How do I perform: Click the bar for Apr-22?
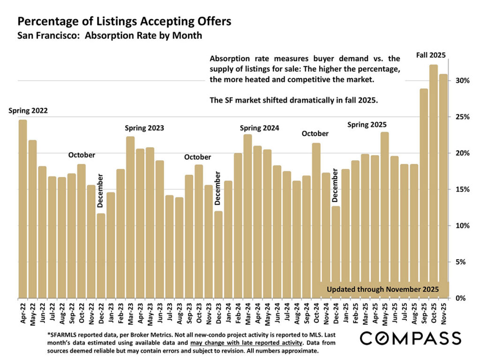22,209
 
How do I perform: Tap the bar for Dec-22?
101,256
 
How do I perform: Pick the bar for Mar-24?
247,216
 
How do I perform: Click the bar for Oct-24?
316,220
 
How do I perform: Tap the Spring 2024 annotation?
260,127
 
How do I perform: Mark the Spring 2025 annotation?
367,124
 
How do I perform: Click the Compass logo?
411,338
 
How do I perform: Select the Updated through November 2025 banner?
382,289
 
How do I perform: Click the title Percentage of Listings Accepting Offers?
124,22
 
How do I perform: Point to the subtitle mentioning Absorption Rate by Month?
110,35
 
